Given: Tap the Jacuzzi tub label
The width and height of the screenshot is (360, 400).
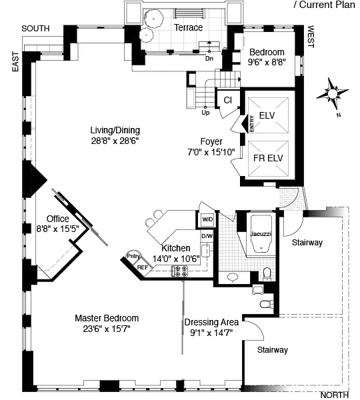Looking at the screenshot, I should (x=260, y=234).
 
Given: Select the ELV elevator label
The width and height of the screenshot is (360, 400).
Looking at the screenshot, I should (x=267, y=115).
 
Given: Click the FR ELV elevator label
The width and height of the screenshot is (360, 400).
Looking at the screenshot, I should (x=267, y=161).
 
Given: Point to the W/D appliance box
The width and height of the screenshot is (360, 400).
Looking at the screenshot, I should (x=206, y=219).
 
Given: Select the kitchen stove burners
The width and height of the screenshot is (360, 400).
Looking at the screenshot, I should (x=180, y=270).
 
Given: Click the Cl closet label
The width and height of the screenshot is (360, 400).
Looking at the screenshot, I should (x=227, y=100).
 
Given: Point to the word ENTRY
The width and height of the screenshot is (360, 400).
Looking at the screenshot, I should (x=252, y=123).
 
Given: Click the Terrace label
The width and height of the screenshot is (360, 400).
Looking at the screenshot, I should (x=188, y=27).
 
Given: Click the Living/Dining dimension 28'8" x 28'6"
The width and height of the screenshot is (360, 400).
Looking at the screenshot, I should (x=115, y=141).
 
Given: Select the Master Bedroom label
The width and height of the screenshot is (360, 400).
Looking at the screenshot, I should (x=107, y=318).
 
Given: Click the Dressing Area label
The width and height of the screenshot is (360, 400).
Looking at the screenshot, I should (x=211, y=322).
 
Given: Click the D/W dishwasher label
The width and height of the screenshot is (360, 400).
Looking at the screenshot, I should (x=206, y=235).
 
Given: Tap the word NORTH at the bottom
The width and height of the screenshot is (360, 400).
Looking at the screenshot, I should (x=334, y=395).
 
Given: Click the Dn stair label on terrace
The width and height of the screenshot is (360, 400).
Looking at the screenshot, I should (x=209, y=59).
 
